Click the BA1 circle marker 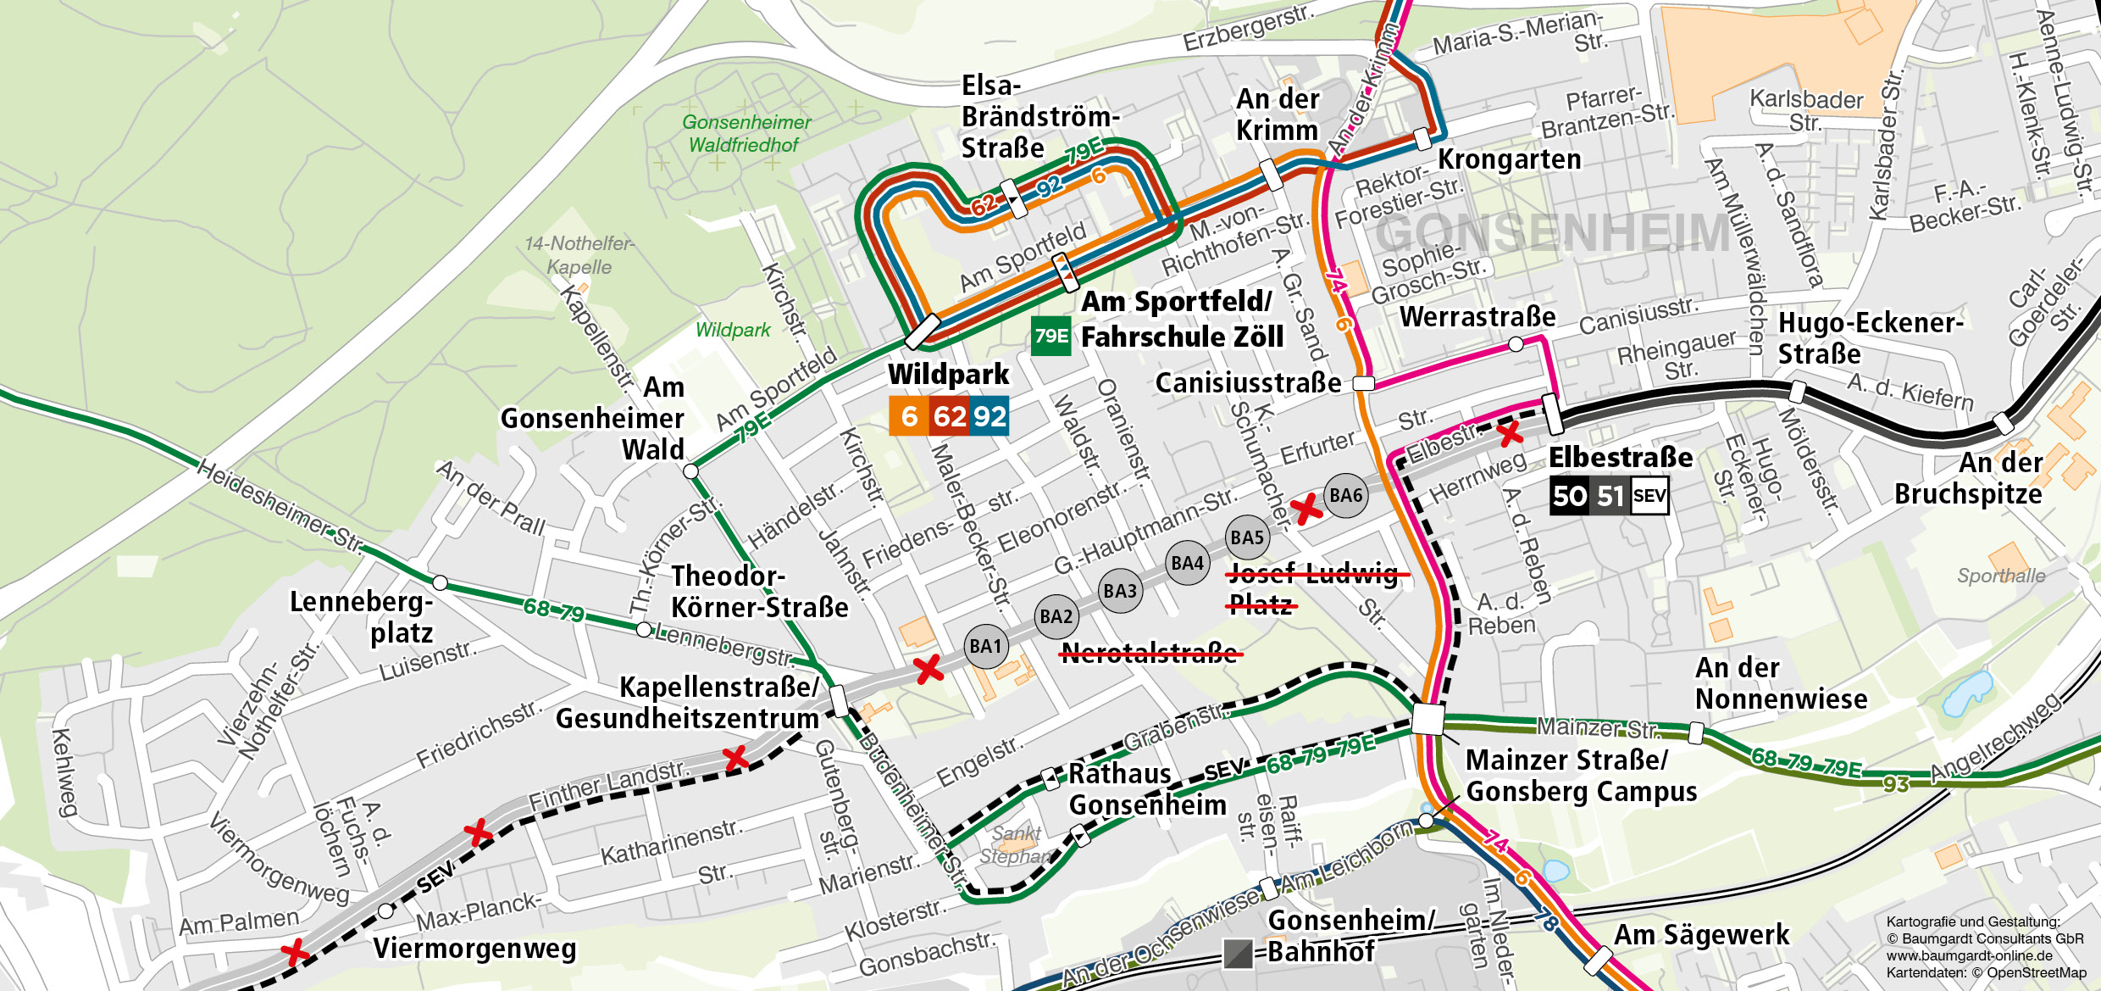(985, 647)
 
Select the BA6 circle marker (1345, 496)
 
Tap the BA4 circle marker (1187, 564)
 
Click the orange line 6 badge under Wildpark (909, 416)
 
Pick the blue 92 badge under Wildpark (989, 416)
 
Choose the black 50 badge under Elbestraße (1569, 496)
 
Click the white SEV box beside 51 (1649, 496)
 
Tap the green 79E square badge (1050, 336)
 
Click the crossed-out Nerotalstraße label (1150, 653)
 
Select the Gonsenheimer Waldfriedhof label (746, 134)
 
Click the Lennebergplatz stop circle (440, 582)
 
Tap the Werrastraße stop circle (1516, 344)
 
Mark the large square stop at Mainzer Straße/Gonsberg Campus (1427, 719)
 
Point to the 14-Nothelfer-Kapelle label (579, 255)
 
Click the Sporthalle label (2000, 576)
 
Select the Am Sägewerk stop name (1701, 935)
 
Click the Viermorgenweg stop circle (385, 911)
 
